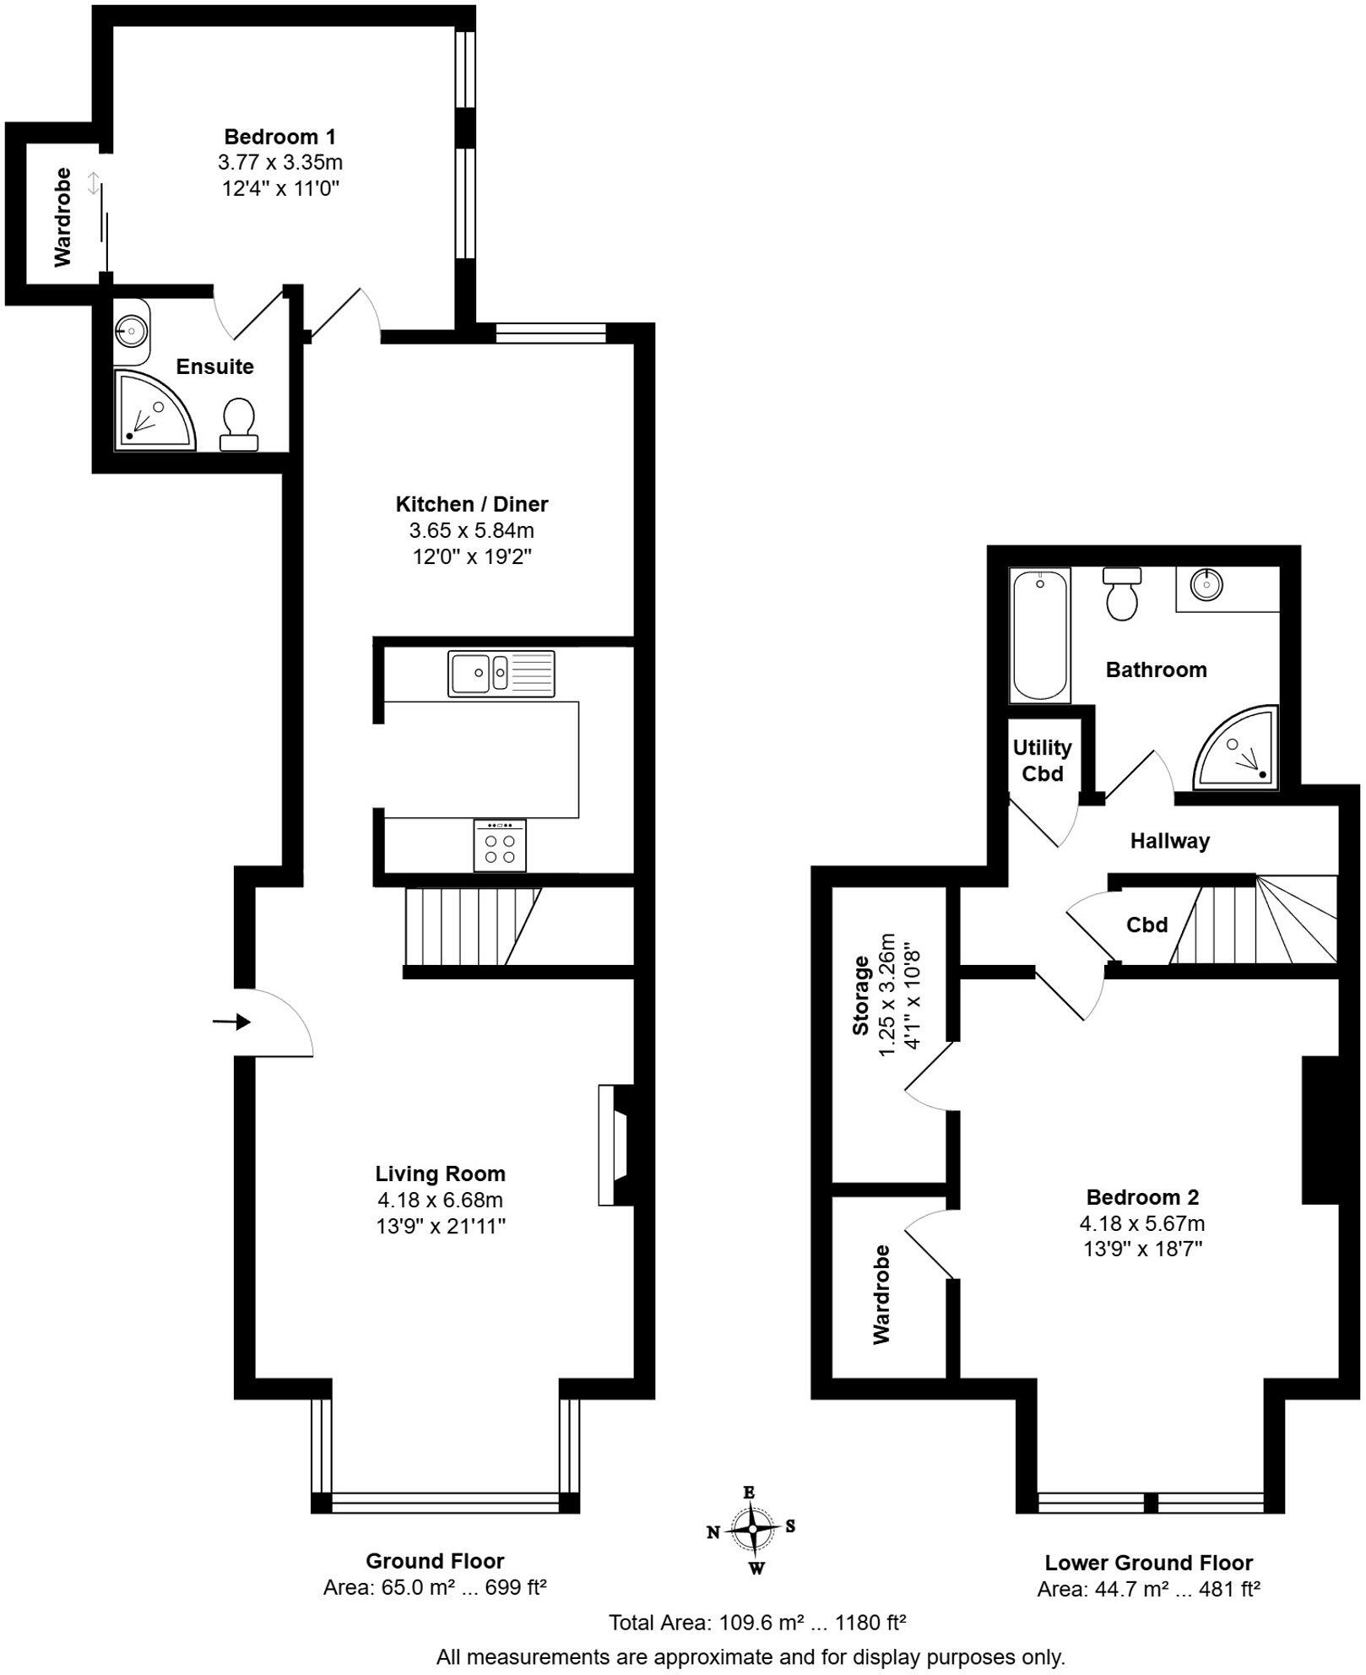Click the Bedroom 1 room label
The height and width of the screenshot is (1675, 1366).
[x=279, y=137]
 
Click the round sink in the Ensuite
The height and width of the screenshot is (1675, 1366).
[x=131, y=330]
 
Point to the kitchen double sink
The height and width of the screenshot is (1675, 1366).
[x=501, y=673]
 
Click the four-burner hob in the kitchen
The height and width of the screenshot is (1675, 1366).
[x=500, y=846]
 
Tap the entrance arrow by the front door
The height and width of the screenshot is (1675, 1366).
[x=231, y=1022]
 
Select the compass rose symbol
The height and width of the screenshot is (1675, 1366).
[x=751, y=1530]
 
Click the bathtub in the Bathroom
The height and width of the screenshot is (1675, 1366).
[x=1040, y=635]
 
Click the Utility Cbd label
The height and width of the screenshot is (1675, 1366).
[x=1042, y=760]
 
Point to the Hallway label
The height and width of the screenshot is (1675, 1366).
[x=1169, y=841]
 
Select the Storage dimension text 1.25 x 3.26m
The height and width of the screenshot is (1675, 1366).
[x=886, y=995]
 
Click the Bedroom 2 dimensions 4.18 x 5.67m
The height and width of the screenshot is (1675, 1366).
[x=1141, y=1223]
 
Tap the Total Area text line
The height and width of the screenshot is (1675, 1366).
[x=757, y=1622]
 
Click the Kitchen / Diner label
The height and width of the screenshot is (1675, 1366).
[x=471, y=504]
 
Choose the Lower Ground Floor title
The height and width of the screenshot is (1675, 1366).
[x=1148, y=1563]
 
